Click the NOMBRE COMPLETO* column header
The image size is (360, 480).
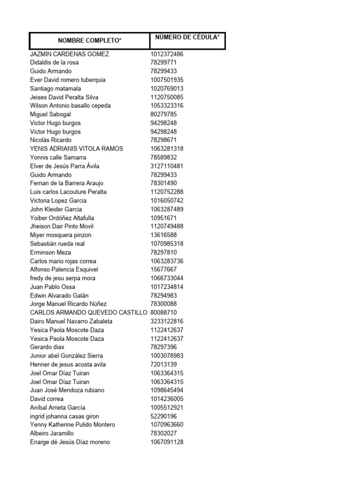90,41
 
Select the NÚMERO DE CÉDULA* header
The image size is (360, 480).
187,37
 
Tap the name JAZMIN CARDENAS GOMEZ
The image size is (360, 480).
69,54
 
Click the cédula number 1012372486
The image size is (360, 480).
167,54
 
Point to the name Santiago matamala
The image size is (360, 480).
55,89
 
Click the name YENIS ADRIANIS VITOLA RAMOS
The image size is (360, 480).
76,149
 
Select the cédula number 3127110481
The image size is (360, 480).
167,166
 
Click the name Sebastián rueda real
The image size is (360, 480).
57,244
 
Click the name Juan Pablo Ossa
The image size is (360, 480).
52,287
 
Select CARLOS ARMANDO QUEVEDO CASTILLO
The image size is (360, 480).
89,313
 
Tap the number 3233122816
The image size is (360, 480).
167,321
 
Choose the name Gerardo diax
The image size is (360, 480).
47,347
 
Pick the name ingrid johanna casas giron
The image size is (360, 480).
65,416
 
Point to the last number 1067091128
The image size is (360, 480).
167,442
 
